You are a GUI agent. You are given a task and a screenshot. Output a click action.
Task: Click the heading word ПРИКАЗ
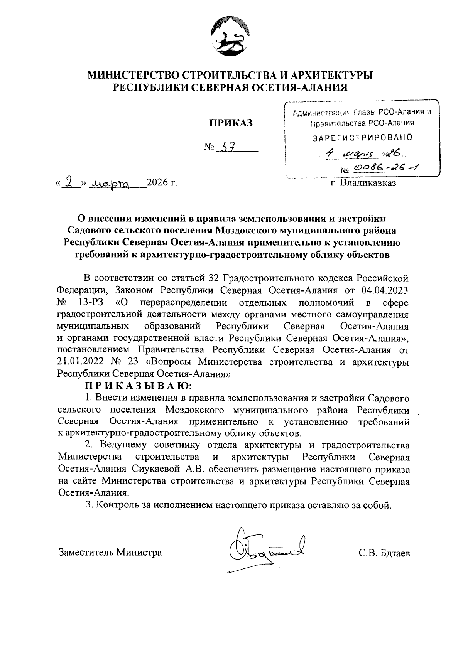point(231,123)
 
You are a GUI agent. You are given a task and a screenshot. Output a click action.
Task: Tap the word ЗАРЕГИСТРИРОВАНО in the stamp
point(362,137)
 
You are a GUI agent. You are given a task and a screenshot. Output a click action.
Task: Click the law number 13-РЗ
point(90,302)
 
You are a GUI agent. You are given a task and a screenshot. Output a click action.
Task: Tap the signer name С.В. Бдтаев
point(384,553)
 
